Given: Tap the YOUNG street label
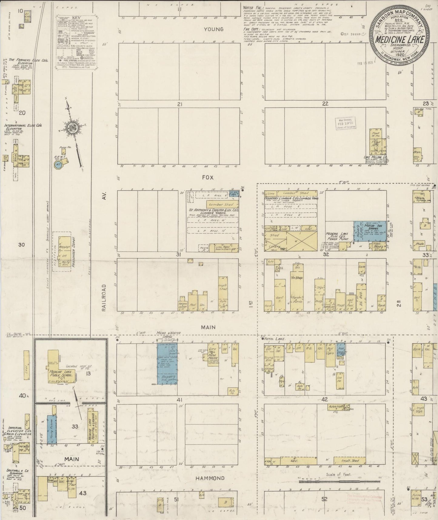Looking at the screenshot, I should click(213, 29).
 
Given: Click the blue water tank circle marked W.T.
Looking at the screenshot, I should click(58, 165).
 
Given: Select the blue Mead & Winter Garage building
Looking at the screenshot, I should click(167, 364).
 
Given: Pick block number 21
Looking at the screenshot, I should click(180, 104).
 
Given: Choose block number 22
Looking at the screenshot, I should click(325, 104).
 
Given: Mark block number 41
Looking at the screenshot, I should click(179, 400).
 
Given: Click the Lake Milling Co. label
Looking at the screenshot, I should click(376, 157).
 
